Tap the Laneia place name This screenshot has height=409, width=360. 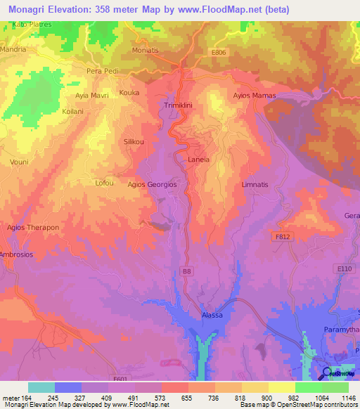(x=199, y=160)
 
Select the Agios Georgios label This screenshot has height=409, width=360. (x=151, y=184)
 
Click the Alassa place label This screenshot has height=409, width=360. (x=212, y=315)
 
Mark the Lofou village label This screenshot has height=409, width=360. (x=104, y=183)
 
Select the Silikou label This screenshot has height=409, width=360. (x=134, y=141)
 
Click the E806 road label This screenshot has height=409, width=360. (x=219, y=51)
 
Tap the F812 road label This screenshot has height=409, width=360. (x=282, y=238)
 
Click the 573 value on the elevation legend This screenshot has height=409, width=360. (x=160, y=398)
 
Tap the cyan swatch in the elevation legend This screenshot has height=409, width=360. (x=41, y=387)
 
